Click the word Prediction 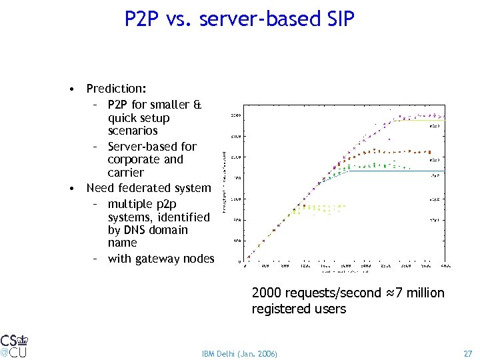117,89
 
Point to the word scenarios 133,131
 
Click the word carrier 125,173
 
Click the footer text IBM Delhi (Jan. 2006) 239,353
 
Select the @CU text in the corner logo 13,351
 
